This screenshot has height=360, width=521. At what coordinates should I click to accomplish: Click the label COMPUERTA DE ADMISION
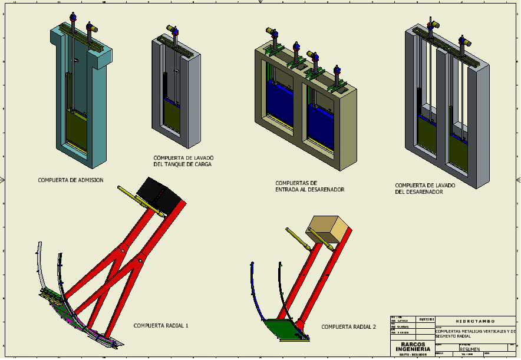tap(71, 180)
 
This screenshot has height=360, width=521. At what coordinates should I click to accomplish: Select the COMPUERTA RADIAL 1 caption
tap(161, 325)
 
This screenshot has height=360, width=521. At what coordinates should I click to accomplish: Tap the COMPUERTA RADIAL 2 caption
tap(348, 326)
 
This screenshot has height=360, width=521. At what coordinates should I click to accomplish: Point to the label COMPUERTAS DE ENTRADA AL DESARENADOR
tap(309, 186)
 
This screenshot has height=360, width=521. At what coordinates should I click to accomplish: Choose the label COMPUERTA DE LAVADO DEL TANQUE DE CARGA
tap(183, 161)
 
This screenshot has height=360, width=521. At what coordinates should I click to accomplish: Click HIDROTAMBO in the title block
tap(476, 321)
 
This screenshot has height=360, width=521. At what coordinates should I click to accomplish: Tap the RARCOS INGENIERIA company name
tap(413, 347)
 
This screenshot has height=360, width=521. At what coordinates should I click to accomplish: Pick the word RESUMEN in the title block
tap(470, 349)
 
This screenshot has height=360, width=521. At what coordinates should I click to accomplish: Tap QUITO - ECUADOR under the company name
tap(413, 355)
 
